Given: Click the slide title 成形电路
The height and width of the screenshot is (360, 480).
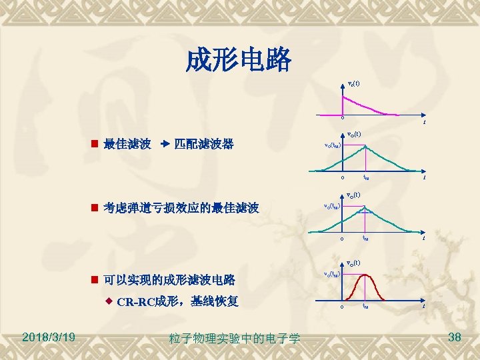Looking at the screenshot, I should click(x=239, y=61).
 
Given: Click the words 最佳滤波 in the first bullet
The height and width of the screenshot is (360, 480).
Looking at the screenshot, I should click(x=127, y=144).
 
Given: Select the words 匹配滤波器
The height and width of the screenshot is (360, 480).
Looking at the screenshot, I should click(x=203, y=144).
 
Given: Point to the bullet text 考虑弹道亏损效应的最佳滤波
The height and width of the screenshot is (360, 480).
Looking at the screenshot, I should click(x=181, y=209).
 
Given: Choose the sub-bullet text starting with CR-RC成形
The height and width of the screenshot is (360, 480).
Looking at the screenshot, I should click(x=177, y=301).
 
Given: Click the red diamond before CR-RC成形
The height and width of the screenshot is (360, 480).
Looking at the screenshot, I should click(x=109, y=301).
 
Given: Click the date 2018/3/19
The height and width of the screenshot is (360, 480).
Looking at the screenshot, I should click(x=47, y=337).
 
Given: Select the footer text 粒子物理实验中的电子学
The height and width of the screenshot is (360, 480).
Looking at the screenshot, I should click(x=234, y=339).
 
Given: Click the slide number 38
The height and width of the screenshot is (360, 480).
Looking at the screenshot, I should click(x=455, y=337).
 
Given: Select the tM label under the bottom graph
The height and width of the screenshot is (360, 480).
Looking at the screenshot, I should click(x=365, y=307).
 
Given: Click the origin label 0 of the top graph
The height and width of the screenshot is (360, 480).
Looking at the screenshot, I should click(x=342, y=119).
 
